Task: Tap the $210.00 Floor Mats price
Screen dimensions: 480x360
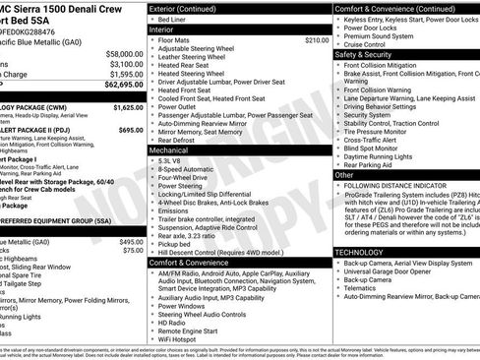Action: tap(317, 40)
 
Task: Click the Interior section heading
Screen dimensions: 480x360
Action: tap(163, 30)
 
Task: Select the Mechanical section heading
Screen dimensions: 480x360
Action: tap(170, 150)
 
